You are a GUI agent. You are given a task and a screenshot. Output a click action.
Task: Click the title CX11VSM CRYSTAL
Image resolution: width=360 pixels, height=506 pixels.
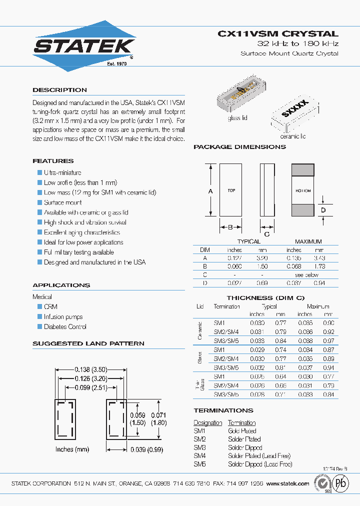point(278,34)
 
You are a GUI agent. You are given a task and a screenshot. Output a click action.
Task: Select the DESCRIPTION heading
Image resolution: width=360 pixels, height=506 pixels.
point(59,90)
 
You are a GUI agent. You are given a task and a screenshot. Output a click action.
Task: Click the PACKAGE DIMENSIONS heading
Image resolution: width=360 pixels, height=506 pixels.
point(239,147)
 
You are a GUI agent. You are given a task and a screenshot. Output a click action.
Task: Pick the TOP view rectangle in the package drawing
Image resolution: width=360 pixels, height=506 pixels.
point(231,190)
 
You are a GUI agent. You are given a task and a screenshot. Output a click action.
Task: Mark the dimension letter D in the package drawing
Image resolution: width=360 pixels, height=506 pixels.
point(323,210)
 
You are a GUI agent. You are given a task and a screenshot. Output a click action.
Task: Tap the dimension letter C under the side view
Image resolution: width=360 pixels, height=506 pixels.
point(266,233)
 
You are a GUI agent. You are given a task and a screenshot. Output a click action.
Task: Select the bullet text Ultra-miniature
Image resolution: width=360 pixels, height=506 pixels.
point(62,172)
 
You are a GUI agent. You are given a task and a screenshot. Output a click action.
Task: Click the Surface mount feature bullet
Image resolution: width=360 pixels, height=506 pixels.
point(63,202)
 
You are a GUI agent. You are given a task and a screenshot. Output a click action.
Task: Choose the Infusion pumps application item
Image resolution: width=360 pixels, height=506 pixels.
point(63,316)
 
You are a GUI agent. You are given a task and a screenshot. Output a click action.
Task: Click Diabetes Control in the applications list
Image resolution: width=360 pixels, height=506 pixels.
point(65,326)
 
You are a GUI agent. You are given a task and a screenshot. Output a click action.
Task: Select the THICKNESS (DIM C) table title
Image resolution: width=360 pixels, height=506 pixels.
point(265,297)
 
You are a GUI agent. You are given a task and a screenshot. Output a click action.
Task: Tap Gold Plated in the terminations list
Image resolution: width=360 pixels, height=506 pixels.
point(242,431)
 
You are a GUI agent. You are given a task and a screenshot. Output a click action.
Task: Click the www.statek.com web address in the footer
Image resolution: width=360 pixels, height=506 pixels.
point(287,483)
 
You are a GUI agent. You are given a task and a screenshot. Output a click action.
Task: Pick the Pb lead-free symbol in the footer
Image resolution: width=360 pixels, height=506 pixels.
point(341,484)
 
